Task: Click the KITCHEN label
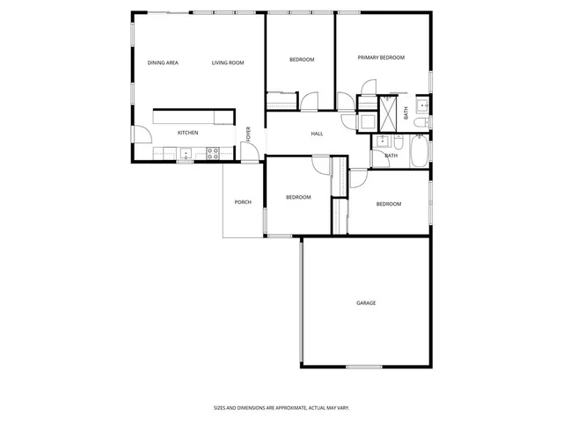pyautogui.click(x=187, y=133)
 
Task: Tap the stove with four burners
pyautogui.click(x=213, y=152)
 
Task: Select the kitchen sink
pyautogui.click(x=186, y=153)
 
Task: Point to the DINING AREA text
pyautogui.click(x=163, y=62)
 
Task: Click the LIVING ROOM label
pyautogui.click(x=228, y=62)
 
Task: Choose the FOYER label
pyautogui.click(x=249, y=134)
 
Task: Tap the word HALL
pyautogui.click(x=317, y=134)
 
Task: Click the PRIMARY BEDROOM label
pyautogui.click(x=381, y=57)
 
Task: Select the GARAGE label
pyautogui.click(x=366, y=302)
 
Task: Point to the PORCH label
pyautogui.click(x=243, y=202)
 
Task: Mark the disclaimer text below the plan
pyautogui.click(x=281, y=408)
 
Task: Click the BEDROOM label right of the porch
pyautogui.click(x=298, y=197)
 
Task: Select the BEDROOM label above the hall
pyautogui.click(x=302, y=59)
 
